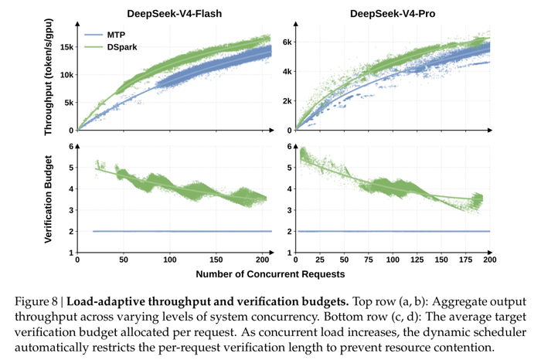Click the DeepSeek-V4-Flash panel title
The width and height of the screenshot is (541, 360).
tap(174, 13)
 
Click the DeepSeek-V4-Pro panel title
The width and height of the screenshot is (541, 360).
tap(393, 13)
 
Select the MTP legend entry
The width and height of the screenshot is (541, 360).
tap(105, 35)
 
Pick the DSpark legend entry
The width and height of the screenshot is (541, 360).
tap(111, 47)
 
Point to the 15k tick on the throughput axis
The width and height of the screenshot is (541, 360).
tap(66, 47)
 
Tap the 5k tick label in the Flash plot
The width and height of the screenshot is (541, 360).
tap(69, 103)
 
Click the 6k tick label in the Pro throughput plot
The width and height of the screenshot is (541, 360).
tap(287, 42)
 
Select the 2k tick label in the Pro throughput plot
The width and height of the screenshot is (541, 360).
tap(287, 101)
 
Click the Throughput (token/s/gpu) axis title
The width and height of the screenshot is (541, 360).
tap(48, 77)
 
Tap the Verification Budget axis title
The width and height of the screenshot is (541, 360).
tap(48, 199)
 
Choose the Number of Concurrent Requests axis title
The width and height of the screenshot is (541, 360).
tap(270, 274)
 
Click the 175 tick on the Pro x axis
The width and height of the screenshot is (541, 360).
tap(465, 260)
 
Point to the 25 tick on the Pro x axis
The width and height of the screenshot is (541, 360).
tap(320, 260)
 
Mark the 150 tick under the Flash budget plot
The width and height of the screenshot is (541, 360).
tap(216, 260)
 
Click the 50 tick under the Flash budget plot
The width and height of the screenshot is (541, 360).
tap(124, 260)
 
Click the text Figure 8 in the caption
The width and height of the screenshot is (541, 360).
tap(36, 302)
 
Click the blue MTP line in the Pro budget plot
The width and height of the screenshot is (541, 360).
tap(393, 232)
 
